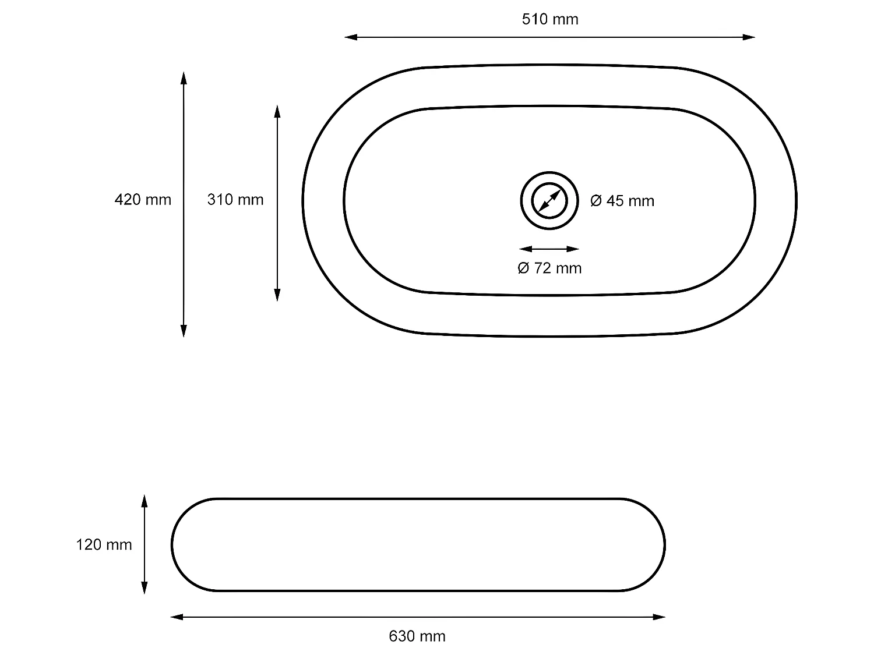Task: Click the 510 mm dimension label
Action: pos(549,19)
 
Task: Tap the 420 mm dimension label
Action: pos(143,200)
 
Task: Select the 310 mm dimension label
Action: pos(235,200)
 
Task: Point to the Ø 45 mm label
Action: pos(622,201)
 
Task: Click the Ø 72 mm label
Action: pos(549,268)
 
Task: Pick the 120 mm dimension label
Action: pos(104,545)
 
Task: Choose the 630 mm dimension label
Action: pos(417,636)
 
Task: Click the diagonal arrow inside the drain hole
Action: pos(549,200)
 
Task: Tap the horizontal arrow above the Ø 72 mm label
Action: pos(549,249)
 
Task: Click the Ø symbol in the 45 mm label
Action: pos(595,201)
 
